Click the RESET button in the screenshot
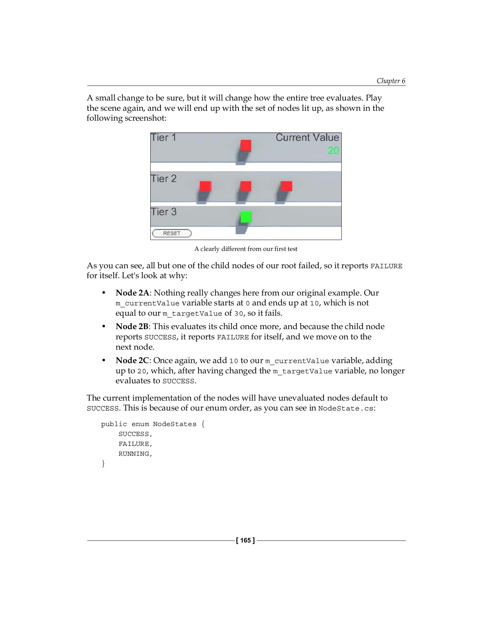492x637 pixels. pos(172,233)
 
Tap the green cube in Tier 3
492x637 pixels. pos(246,217)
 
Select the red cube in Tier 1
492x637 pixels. pos(246,145)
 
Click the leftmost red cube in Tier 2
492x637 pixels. pos(206,186)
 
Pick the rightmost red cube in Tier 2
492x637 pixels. pos(286,186)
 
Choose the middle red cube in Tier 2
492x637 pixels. pos(246,186)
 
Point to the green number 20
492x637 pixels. pos(333,150)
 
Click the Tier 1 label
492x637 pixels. pos(163,138)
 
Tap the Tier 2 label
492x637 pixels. pos(164,179)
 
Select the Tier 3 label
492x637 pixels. pos(164,212)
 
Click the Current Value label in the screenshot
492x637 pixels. pos(307,138)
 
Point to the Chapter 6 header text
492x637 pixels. pos(391,81)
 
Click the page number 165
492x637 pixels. pos(245,540)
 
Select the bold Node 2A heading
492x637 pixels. pos(132,293)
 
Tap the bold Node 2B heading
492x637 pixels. pos(132,327)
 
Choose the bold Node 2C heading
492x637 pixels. pos(132,361)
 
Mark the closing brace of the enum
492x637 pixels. pos(103,464)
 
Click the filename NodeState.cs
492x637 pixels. pos(346,408)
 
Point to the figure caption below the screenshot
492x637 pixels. pos(246,249)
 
